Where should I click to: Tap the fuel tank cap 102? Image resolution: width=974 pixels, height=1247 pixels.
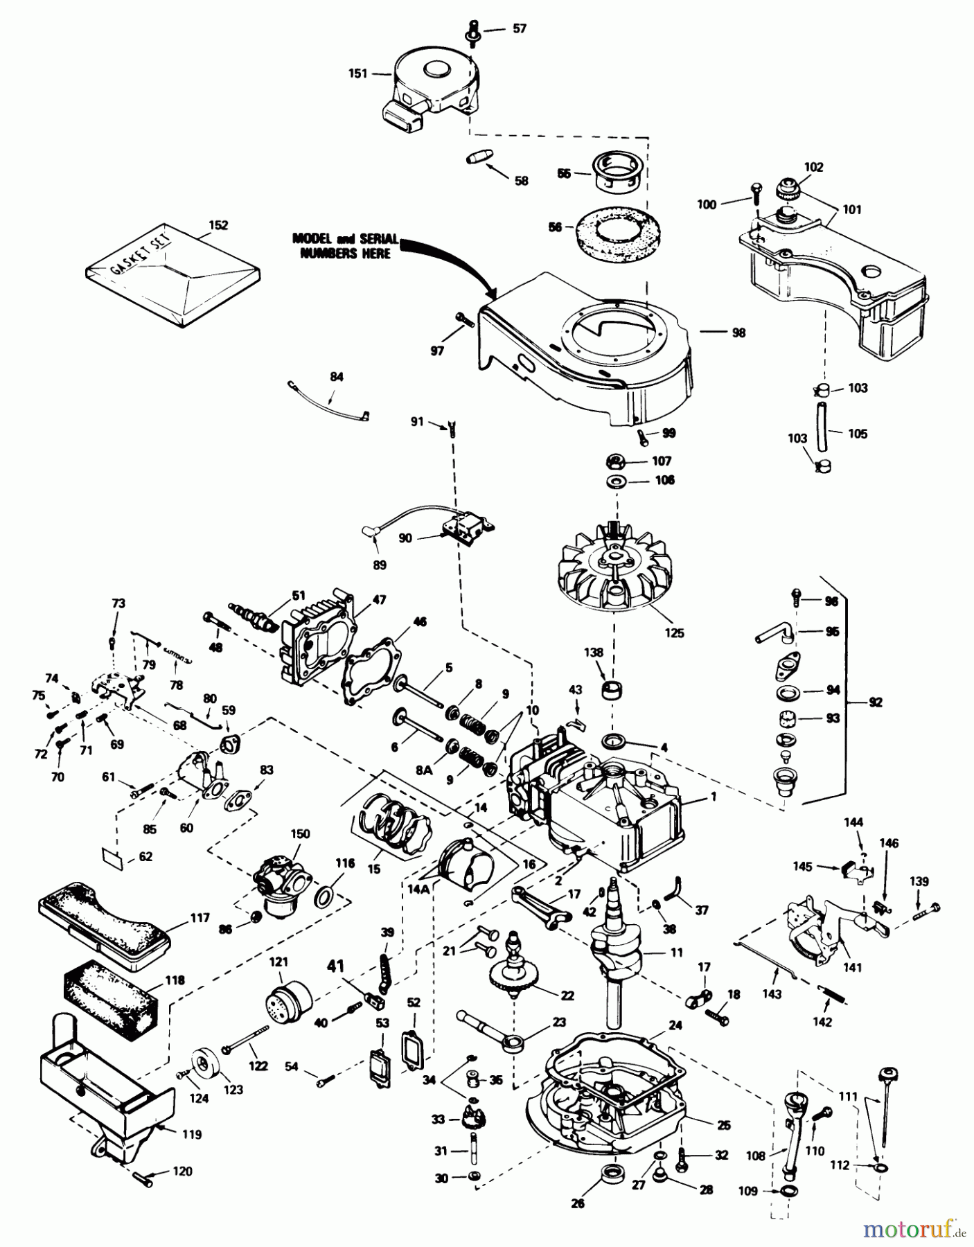click(x=788, y=188)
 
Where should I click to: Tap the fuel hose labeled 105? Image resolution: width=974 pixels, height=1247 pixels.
click(x=822, y=428)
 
